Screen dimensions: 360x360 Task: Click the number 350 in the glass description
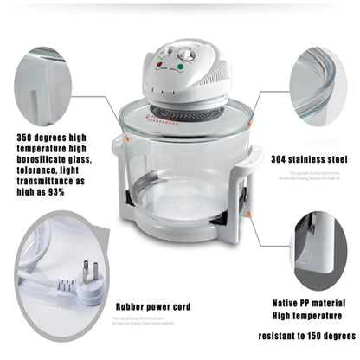coord(27,137)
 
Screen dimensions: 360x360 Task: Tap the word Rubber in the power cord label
coord(132,306)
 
